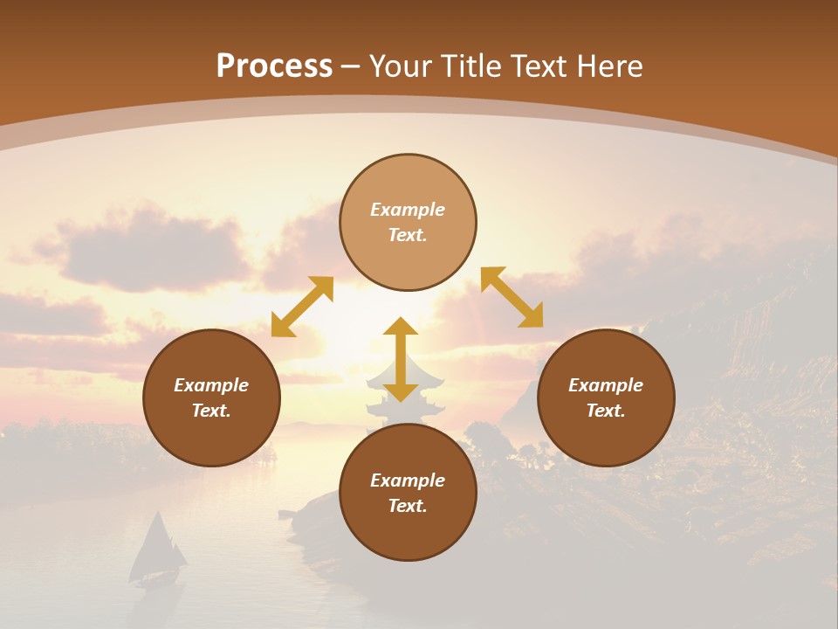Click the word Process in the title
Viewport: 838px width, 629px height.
[x=274, y=66]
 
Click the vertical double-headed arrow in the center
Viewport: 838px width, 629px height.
[x=401, y=360]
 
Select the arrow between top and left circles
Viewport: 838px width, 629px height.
[x=302, y=307]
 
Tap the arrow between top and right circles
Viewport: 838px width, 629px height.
[x=512, y=297]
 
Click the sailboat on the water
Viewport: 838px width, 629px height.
[x=157, y=550]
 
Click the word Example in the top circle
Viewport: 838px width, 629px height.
[x=408, y=210]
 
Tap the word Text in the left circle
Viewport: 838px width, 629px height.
[x=211, y=411]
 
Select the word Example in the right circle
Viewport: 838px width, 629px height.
[x=606, y=385]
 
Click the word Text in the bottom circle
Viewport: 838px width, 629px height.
[x=408, y=506]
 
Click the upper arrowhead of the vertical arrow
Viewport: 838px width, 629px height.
[x=401, y=328]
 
